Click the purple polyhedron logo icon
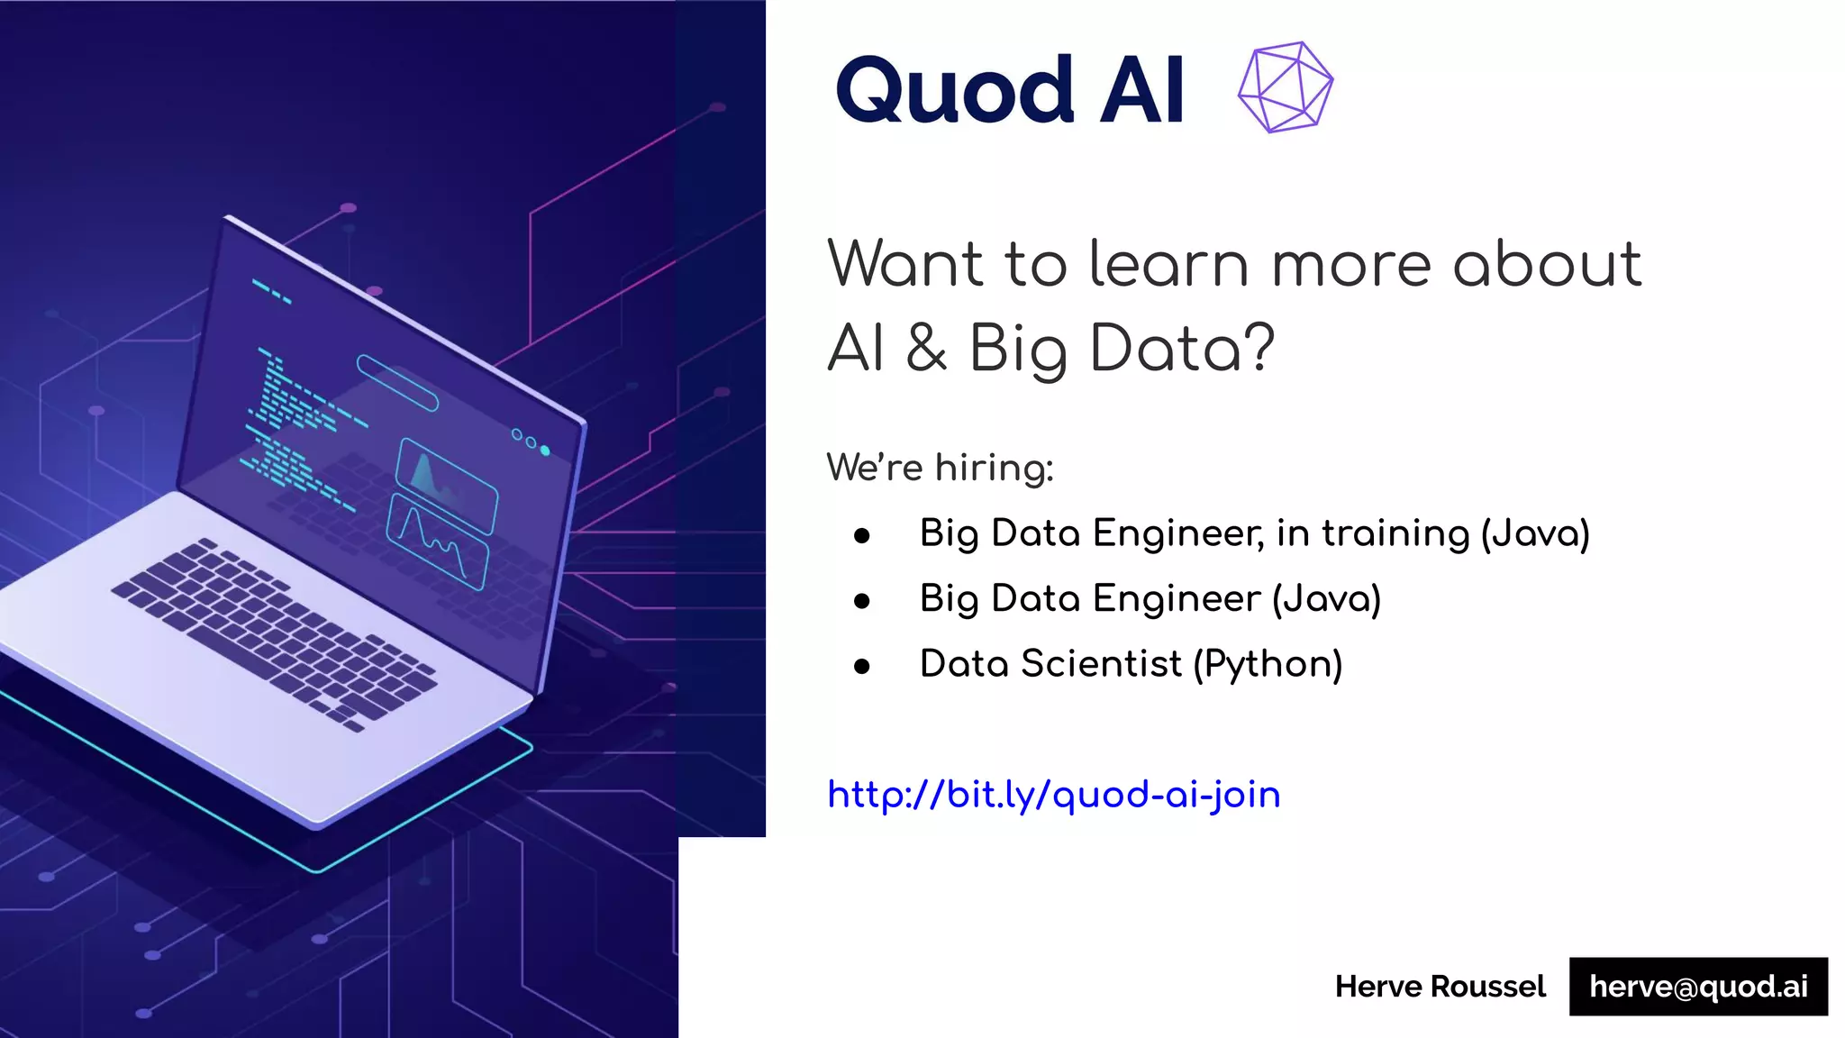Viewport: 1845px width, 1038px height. pyautogui.click(x=1286, y=87)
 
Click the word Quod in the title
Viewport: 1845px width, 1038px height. pyautogui.click(x=955, y=90)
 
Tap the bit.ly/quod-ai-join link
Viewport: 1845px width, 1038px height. pyautogui.click(x=1053, y=795)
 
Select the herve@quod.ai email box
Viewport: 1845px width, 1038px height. pyautogui.click(x=1698, y=987)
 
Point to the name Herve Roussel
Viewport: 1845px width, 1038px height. pyautogui.click(x=1440, y=987)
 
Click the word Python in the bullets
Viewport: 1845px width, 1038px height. pyautogui.click(x=1268, y=665)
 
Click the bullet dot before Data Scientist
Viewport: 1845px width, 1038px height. pyautogui.click(x=862, y=667)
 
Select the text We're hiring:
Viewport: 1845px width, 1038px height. pyautogui.click(x=940, y=468)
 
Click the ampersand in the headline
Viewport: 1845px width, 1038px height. pyautogui.click(x=927, y=348)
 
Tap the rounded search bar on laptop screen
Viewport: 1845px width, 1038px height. pyautogui.click(x=397, y=383)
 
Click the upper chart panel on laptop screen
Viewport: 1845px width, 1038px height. pyautogui.click(x=446, y=485)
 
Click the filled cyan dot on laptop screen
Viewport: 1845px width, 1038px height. pyautogui.click(x=545, y=451)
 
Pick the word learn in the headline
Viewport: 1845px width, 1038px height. pyautogui.click(x=1168, y=265)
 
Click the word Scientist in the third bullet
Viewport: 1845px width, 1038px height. pyautogui.click(x=1101, y=665)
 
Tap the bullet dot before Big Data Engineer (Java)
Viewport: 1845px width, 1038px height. pyautogui.click(x=862, y=601)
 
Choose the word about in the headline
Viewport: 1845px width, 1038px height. pyautogui.click(x=1547, y=265)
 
